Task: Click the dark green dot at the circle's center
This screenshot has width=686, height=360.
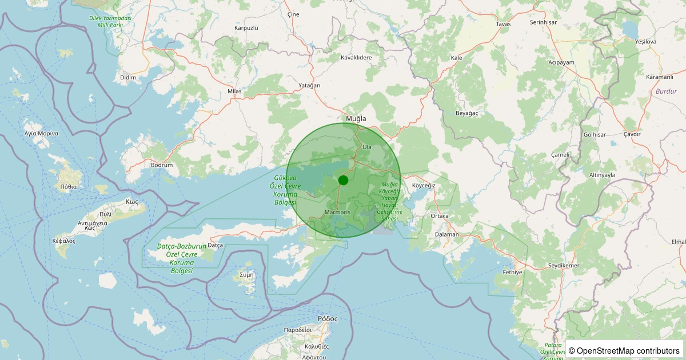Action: click(x=343, y=180)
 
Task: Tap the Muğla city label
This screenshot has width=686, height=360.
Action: click(x=356, y=119)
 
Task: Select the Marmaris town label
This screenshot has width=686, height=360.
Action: click(x=337, y=212)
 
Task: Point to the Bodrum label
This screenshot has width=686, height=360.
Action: click(x=162, y=165)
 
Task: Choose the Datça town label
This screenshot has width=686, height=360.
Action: click(x=215, y=245)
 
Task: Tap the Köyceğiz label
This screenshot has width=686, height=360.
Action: click(x=424, y=186)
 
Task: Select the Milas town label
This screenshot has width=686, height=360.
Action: click(x=234, y=91)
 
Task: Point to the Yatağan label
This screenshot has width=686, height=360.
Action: click(x=309, y=85)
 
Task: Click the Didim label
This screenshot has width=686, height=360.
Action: click(x=128, y=77)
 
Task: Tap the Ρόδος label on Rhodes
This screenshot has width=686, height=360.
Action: click(x=328, y=319)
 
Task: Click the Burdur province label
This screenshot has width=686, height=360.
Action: click(x=666, y=91)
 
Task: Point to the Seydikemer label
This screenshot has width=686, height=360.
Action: click(x=564, y=266)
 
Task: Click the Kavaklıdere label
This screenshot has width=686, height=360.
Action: click(x=356, y=58)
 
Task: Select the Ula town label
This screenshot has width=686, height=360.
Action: click(x=367, y=147)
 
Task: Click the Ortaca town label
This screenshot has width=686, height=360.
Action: click(x=440, y=216)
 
